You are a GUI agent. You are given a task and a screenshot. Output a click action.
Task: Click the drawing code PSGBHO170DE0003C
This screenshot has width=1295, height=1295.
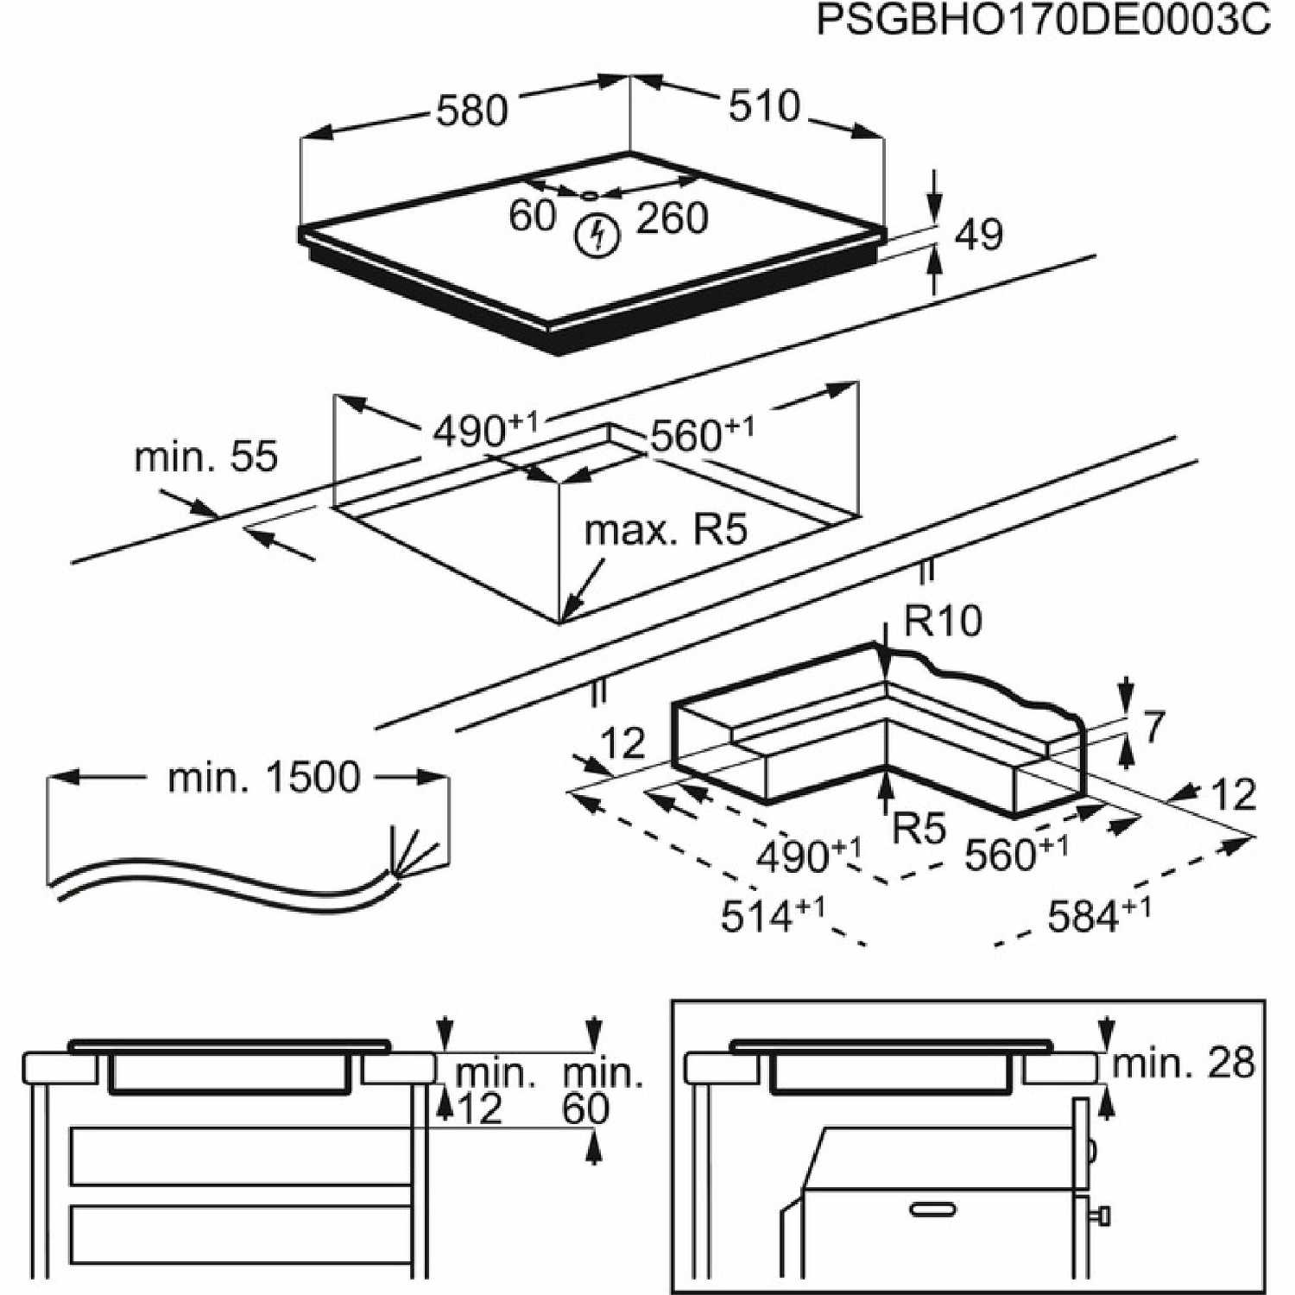coord(1043,21)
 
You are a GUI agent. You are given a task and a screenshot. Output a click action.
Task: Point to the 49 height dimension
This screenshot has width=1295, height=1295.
coord(979,235)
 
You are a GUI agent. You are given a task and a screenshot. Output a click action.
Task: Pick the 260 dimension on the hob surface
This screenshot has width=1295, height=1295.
coord(672,218)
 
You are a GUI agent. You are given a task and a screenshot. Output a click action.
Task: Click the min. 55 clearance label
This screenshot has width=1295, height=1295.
coord(206,457)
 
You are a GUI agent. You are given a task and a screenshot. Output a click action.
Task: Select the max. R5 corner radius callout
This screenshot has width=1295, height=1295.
coord(666,530)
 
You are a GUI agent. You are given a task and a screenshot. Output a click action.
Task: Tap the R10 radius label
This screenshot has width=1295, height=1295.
coord(943,621)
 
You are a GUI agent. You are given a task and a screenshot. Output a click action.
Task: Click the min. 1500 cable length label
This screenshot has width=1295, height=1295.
coord(264,777)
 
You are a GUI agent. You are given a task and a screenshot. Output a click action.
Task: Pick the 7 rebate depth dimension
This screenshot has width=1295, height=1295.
coord(1154,728)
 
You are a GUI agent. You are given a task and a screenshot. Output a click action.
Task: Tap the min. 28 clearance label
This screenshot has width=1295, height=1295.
coord(1183,1063)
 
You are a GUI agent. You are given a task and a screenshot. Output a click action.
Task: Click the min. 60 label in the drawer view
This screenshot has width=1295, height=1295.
coord(603,1092)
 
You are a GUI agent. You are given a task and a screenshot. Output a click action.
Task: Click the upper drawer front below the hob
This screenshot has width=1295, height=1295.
coord(241,1156)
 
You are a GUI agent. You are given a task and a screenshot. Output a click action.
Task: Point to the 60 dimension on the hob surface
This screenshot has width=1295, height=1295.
coord(532,216)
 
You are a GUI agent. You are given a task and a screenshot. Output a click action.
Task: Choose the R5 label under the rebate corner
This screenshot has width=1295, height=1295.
coord(919,829)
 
